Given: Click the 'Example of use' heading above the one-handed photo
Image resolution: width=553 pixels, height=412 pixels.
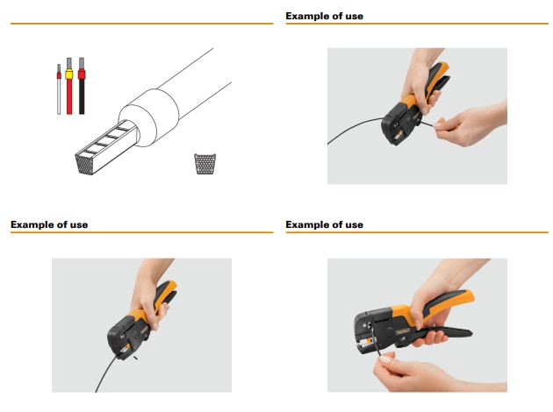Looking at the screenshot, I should (x=49, y=224).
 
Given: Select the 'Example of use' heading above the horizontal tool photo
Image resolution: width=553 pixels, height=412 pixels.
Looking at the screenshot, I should (x=325, y=224).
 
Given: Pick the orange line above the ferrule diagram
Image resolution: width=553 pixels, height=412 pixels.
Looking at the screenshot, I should (x=141, y=24).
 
